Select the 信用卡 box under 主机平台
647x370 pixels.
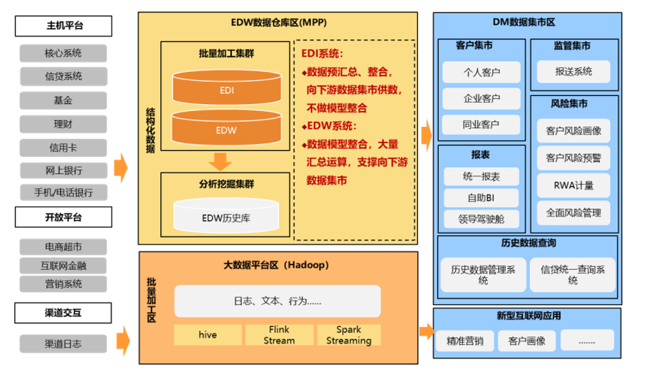[x=63, y=147]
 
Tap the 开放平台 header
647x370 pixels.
[x=63, y=218]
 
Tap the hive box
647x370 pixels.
[x=207, y=335]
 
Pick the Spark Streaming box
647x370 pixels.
[x=348, y=335]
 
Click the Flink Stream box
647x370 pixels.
[x=279, y=335]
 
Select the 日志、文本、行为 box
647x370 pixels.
[x=277, y=301]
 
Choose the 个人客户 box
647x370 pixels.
[x=481, y=72]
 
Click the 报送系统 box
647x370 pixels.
[x=574, y=71]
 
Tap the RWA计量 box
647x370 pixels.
[x=574, y=185]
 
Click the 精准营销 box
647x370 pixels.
[x=465, y=341]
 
